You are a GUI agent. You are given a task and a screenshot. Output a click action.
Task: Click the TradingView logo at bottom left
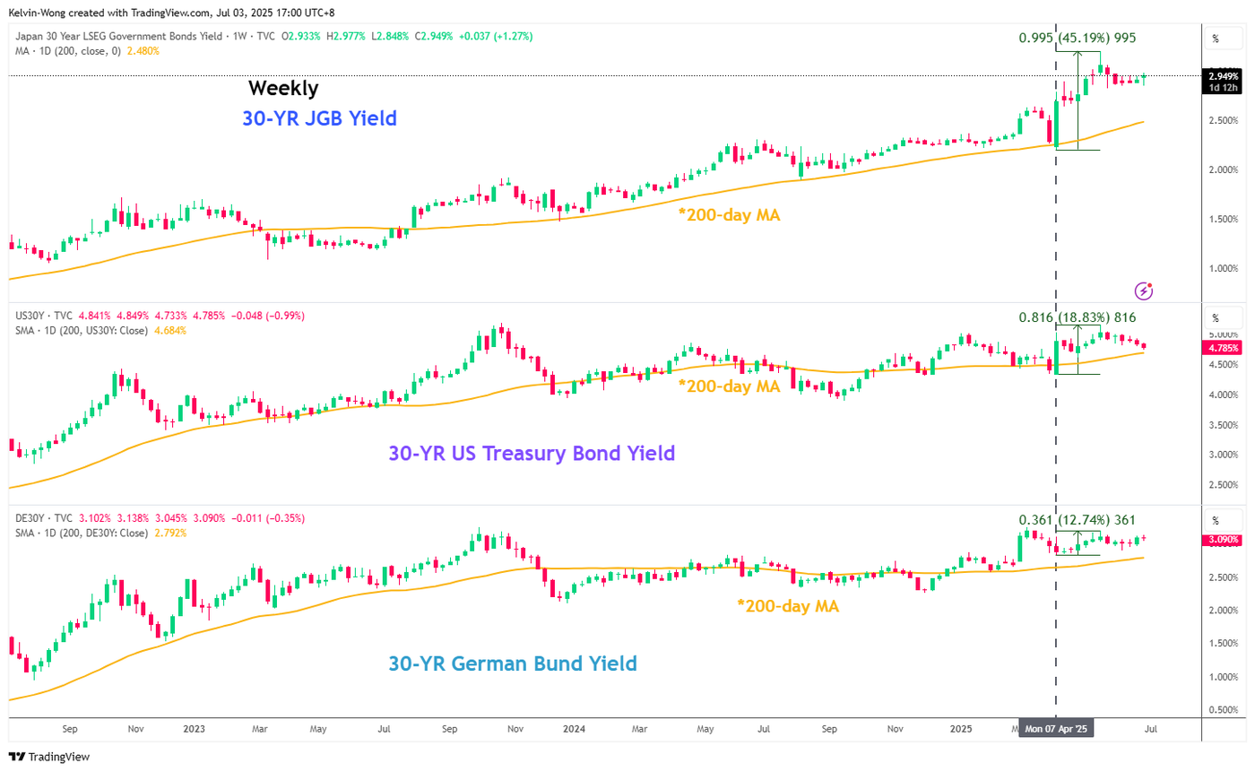[x=49, y=757]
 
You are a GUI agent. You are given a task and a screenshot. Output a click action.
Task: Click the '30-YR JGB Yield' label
[x=319, y=117]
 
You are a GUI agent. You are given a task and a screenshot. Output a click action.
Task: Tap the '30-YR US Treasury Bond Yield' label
[x=531, y=454]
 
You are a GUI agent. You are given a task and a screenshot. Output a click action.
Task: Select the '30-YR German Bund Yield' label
[x=512, y=664]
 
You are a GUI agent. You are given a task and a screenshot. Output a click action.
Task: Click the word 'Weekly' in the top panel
[x=282, y=88]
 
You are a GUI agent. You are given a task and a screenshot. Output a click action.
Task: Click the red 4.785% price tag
[x=1223, y=348]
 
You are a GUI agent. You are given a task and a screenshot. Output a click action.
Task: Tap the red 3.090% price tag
[x=1223, y=540]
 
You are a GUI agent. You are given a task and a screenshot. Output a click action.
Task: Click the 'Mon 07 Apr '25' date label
[x=1059, y=730]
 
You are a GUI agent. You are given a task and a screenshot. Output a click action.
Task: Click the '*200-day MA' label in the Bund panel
[x=788, y=606]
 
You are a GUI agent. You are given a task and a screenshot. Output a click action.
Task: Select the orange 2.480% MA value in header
[x=145, y=51]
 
